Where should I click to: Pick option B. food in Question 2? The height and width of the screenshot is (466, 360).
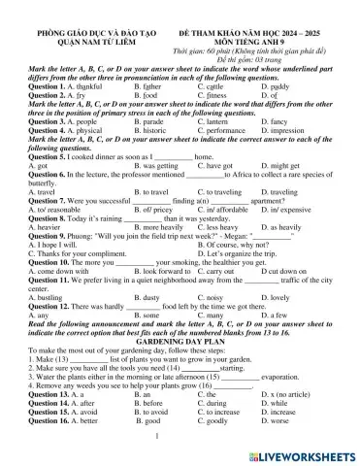click(144, 96)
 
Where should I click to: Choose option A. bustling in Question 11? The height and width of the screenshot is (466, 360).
click(55, 293)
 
